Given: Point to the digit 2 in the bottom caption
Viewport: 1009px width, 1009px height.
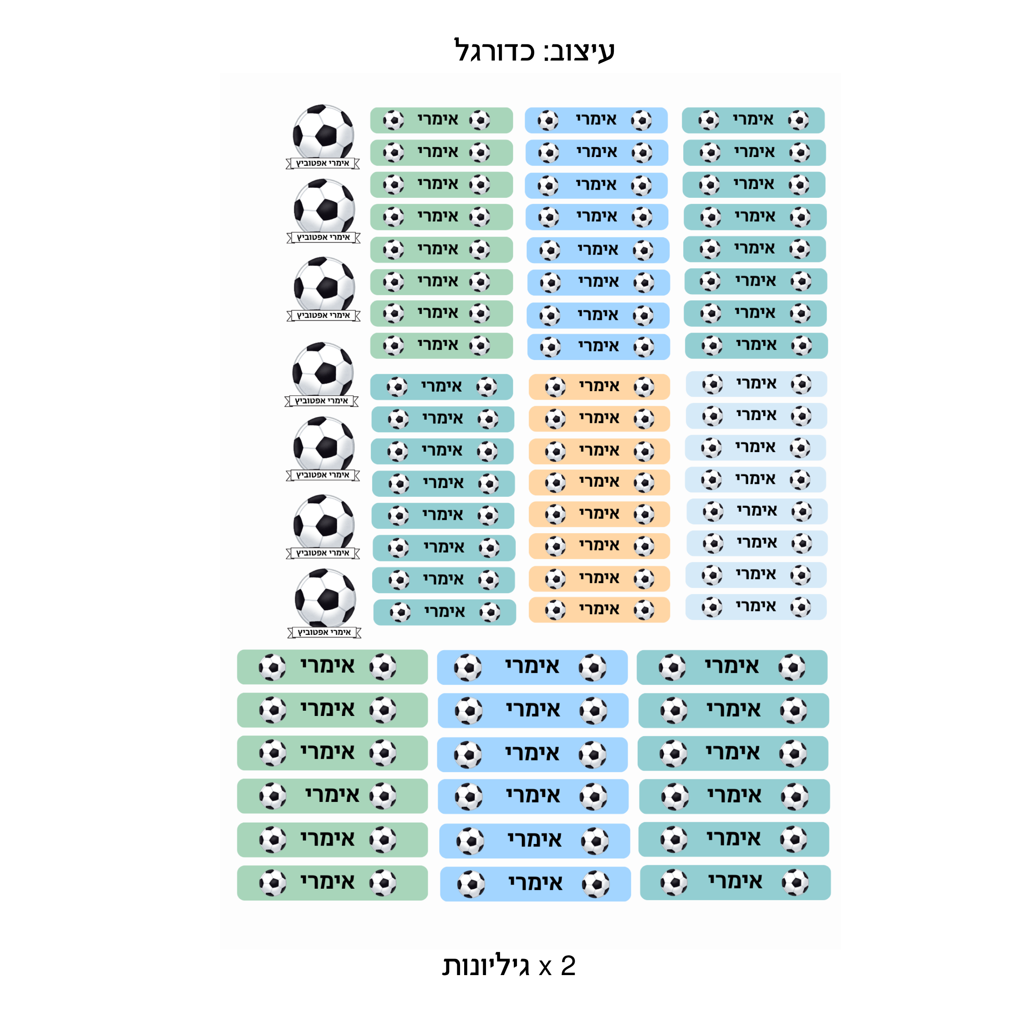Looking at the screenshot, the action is coord(568,966).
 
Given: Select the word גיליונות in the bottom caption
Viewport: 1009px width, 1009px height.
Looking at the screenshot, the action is coord(486,966).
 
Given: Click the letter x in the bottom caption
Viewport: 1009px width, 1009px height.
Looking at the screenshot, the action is coord(546,968).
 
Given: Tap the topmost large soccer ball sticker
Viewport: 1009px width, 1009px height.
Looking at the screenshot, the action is coord(323,132).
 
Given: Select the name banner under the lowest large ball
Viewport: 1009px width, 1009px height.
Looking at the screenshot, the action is coord(324,632).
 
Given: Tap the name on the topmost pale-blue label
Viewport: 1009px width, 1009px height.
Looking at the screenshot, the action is coord(757,383).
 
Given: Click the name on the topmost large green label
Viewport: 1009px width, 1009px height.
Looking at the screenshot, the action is coord(327,666).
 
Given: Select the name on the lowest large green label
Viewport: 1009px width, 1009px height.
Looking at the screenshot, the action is coord(327,882).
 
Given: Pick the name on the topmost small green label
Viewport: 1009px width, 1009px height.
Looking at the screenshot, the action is coord(438,119).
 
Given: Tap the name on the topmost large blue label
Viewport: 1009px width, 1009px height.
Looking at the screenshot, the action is coord(532,666).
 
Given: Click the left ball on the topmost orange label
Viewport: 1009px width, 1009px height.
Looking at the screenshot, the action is coord(555,387).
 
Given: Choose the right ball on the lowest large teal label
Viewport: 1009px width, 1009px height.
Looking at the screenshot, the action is coord(795,883).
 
